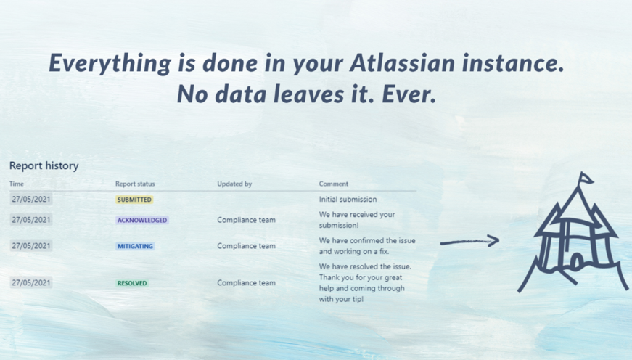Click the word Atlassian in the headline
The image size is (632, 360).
[x=402, y=63]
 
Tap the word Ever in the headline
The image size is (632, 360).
[x=409, y=94]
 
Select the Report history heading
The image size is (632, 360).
[x=44, y=165]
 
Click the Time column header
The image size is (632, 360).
[x=17, y=184]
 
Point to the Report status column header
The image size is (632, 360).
[x=135, y=184]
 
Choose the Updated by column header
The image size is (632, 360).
[x=234, y=184]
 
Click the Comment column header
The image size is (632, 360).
[x=334, y=184]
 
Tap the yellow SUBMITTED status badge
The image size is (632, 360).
[x=134, y=200]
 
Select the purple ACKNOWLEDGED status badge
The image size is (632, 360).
[x=142, y=220]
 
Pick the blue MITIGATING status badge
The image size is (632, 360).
[x=135, y=246]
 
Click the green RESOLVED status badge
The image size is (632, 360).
[x=132, y=283]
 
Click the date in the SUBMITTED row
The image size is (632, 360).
[x=31, y=199]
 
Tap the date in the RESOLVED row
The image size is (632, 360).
[x=31, y=282]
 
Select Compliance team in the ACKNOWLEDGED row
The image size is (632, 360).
[x=246, y=220]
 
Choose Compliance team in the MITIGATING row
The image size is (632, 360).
[x=246, y=246]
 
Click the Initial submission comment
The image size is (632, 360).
[x=348, y=199]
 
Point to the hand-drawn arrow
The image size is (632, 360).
[x=469, y=242]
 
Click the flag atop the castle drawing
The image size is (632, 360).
[x=586, y=178]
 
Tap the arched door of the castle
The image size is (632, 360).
[x=577, y=261]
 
